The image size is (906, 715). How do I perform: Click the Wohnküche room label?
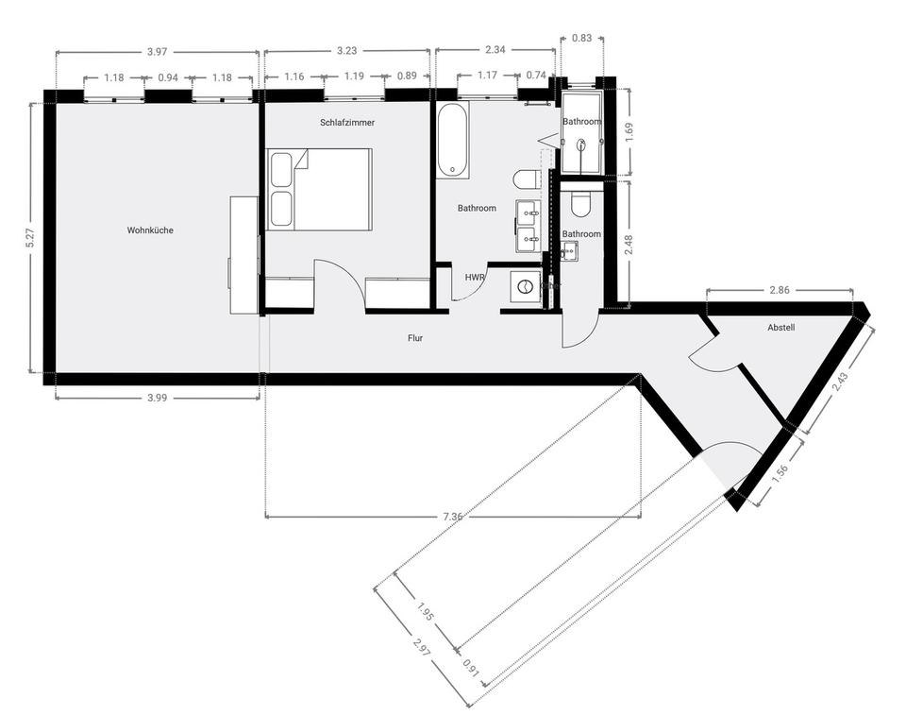150,230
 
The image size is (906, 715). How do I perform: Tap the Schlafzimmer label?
347,123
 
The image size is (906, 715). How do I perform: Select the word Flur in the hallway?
414,337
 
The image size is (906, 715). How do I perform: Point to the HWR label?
475,277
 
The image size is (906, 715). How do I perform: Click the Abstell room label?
780,327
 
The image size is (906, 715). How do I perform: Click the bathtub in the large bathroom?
453,141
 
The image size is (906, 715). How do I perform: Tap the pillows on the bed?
281,189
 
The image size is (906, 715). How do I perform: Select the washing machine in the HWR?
524,285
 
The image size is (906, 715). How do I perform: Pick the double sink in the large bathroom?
528,227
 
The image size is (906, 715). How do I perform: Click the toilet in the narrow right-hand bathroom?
580,201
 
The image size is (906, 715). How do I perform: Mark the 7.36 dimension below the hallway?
453,517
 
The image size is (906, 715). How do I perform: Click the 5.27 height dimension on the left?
30,238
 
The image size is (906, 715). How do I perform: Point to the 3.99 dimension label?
157,398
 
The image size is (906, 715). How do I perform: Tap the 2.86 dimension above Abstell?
780,290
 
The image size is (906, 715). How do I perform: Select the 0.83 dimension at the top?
582,38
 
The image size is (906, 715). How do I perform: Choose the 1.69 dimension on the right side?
629,132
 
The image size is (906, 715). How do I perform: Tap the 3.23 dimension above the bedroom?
346,50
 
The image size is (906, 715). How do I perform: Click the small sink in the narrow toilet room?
568,250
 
